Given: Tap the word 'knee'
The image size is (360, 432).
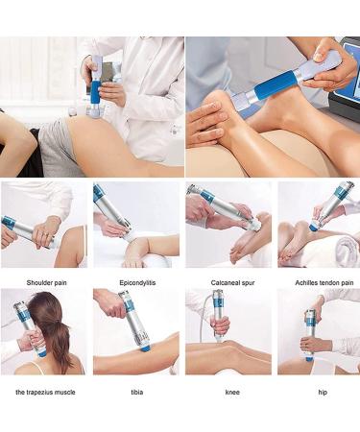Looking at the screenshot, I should click(x=227, y=391).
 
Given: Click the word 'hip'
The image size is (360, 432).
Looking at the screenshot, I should click(x=318, y=391).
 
